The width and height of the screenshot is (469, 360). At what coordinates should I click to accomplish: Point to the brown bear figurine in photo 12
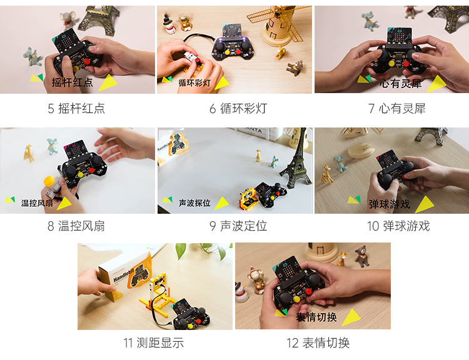[361, 256]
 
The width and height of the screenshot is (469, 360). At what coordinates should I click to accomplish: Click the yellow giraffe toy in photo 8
[29, 152]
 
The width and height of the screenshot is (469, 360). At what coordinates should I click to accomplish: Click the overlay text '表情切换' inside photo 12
[316, 317]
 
